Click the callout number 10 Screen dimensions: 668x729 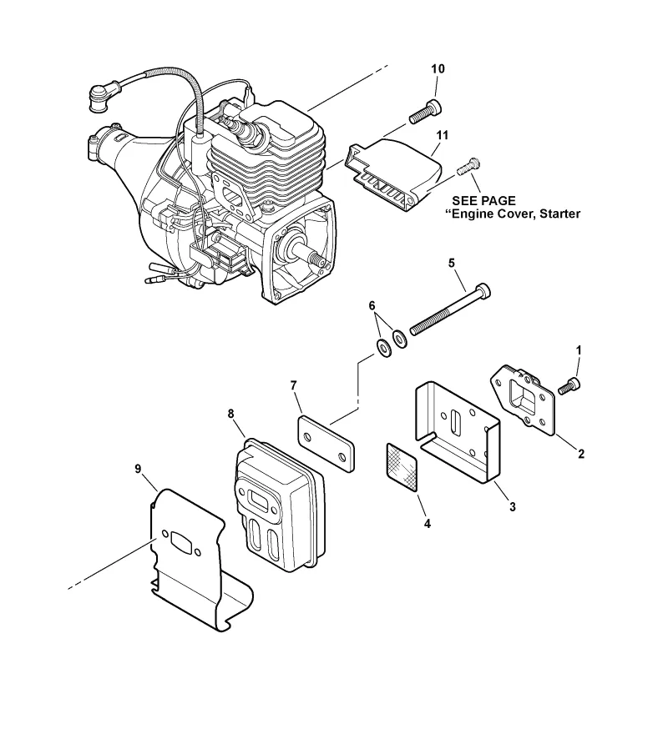coord(438,68)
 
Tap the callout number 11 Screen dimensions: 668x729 coord(442,135)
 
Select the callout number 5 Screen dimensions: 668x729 coord(451,263)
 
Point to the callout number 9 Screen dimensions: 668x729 coord(138,469)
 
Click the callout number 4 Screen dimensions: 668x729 coord(427,524)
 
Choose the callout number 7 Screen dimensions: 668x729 coord(293,385)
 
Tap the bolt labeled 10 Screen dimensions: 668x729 coord(425,112)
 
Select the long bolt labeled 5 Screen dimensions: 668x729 coord(449,310)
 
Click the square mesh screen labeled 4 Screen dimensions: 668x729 coord(402,467)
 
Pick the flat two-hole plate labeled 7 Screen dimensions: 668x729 coord(326,444)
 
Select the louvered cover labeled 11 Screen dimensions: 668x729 coord(392,174)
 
